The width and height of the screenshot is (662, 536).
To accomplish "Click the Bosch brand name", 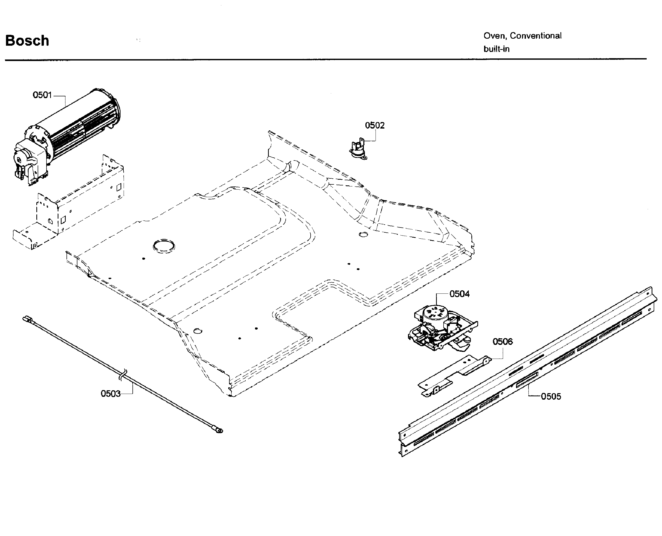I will tap(27, 41).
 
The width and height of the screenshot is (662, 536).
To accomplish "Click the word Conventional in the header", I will tap(536, 36).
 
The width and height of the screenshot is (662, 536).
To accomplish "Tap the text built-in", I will tap(496, 49).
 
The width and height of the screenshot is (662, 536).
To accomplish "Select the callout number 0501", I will tap(42, 95).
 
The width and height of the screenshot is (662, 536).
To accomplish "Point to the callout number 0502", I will tap(375, 125).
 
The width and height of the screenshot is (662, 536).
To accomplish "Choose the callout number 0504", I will tap(459, 294).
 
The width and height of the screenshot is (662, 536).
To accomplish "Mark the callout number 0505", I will tap(551, 397).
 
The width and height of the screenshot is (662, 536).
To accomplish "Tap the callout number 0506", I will tap(502, 341).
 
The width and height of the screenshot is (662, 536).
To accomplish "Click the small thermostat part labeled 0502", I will tap(358, 150).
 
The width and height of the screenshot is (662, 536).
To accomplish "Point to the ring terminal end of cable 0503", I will tap(219, 430).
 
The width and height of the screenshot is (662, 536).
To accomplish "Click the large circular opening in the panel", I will tap(164, 246).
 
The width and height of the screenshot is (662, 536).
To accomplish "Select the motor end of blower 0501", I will tap(28, 162).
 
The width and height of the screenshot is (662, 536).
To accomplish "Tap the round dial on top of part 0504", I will tap(435, 312).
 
